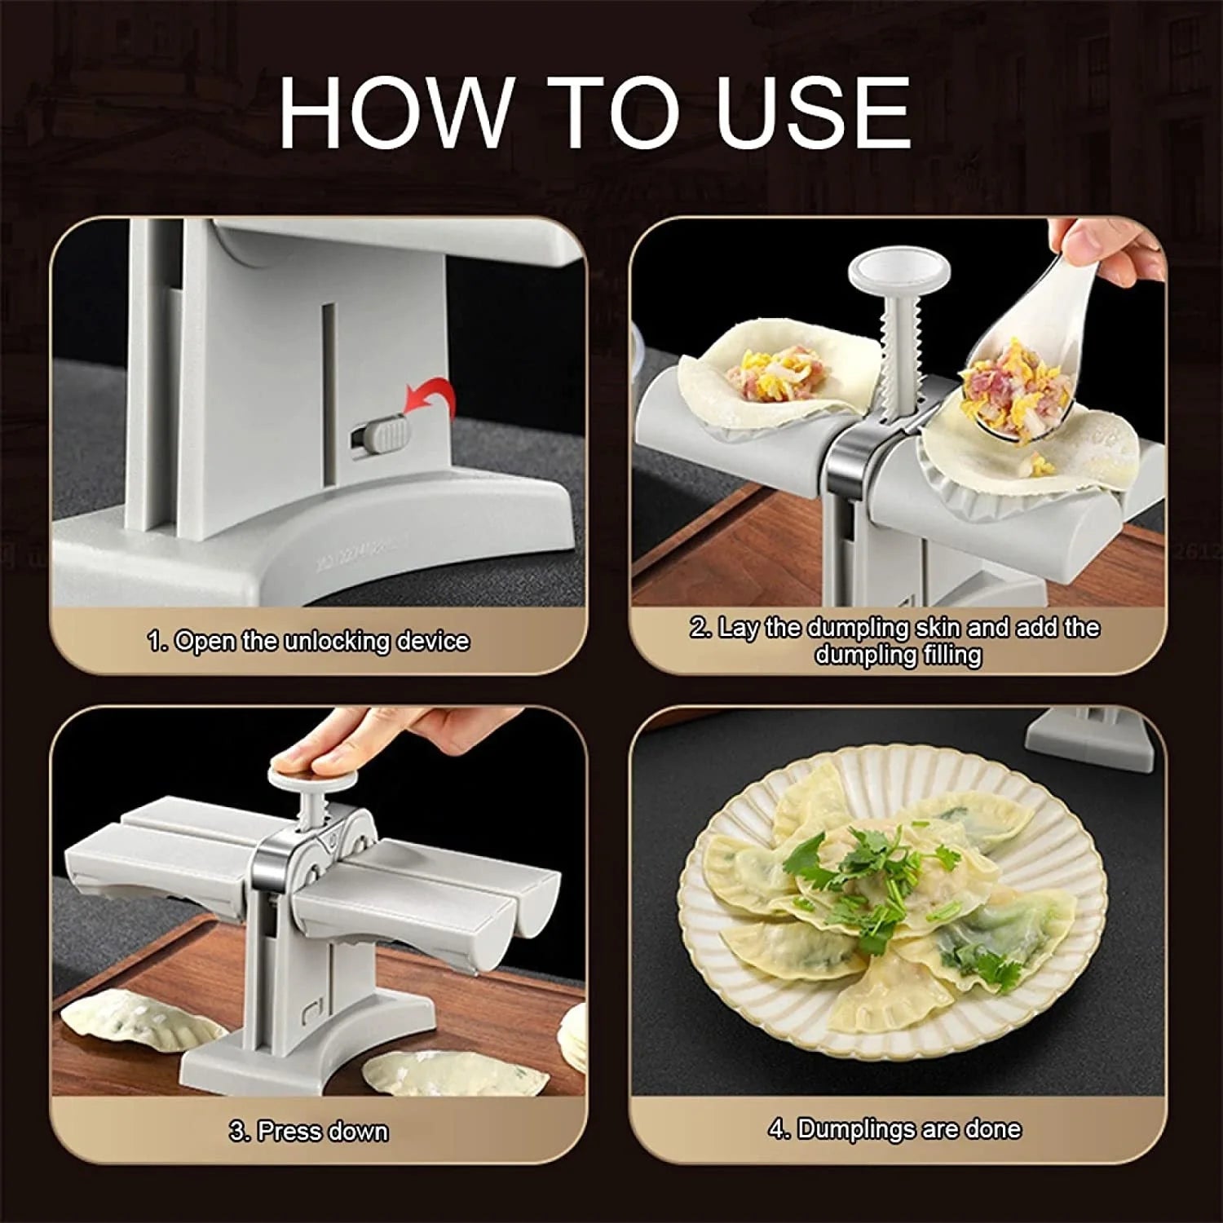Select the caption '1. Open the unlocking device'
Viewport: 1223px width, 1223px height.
(308, 641)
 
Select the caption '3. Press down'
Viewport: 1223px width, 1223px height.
(308, 1131)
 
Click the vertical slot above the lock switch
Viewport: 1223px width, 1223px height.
(327, 359)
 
